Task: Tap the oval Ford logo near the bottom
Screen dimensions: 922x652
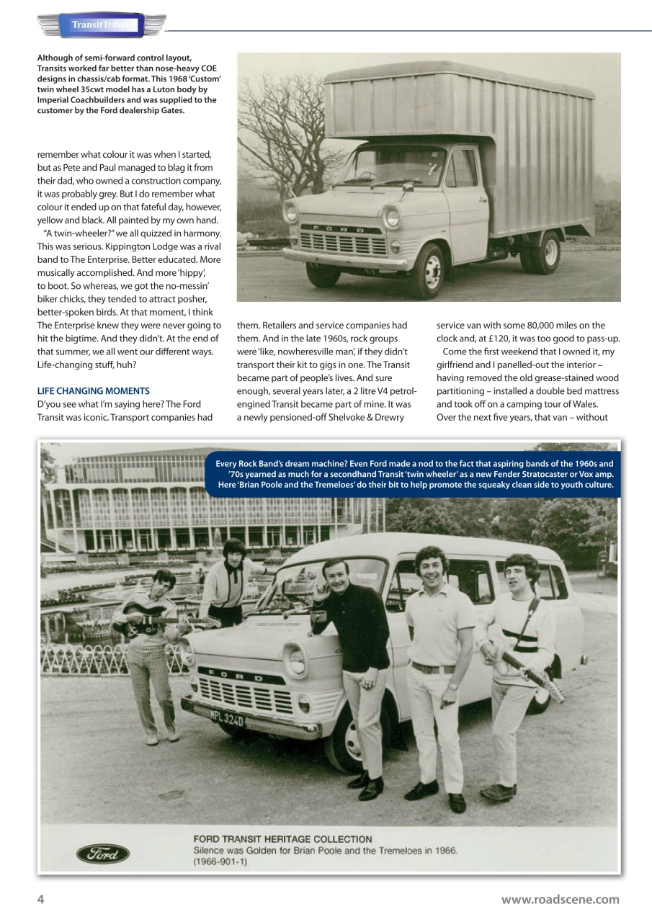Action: (103, 854)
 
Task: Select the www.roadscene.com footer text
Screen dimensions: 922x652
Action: (560, 899)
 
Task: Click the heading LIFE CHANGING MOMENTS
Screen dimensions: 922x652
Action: (93, 391)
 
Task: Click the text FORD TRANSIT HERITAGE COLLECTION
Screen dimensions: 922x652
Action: (282, 839)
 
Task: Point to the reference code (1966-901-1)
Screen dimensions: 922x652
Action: (220, 861)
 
